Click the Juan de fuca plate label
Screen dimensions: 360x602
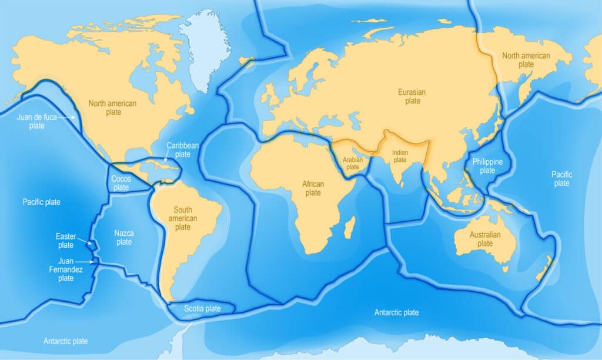coord(37,121)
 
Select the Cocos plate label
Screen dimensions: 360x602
coord(121,183)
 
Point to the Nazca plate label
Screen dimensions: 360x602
coord(124,238)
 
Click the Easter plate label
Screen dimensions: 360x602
coord(65,241)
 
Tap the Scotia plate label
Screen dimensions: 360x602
coord(202,309)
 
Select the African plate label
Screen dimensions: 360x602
coord(313,188)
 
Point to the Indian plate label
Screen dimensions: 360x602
coord(400,156)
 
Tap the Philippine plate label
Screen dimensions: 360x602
coord(487,166)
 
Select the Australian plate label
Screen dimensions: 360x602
coord(485,239)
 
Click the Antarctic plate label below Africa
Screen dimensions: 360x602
coord(396,312)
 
